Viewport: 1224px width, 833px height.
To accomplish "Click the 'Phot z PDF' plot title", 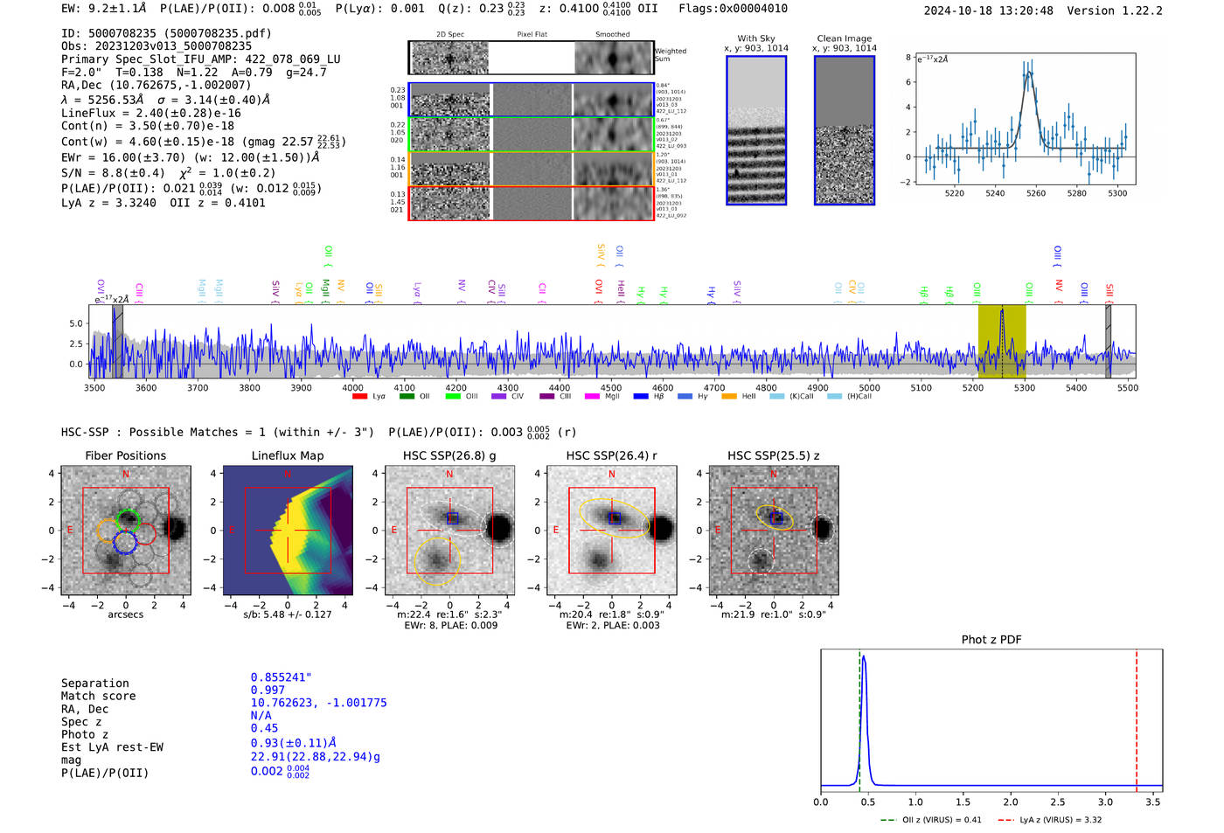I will click(x=991, y=640).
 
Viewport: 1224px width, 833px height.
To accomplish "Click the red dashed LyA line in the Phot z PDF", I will click(x=1137, y=717).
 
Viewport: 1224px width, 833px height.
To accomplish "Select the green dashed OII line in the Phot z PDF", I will click(x=859, y=717).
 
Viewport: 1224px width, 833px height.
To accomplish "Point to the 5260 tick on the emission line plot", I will click(x=1036, y=193).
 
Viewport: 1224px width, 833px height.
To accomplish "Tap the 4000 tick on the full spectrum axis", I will click(x=352, y=388).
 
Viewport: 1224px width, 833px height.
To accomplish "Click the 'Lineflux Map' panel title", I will click(x=288, y=455).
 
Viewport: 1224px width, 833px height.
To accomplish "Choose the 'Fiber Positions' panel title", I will click(x=126, y=455).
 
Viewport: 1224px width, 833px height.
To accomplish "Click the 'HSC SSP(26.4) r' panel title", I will click(x=611, y=455).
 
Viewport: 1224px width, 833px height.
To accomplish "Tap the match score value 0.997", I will click(x=268, y=691).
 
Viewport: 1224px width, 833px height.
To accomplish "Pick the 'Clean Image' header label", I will click(x=844, y=38).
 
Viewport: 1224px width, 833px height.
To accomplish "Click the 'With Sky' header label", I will click(x=756, y=38).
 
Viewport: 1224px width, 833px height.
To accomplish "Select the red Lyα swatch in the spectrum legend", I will click(x=359, y=397).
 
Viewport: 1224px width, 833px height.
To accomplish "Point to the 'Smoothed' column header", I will click(x=612, y=35).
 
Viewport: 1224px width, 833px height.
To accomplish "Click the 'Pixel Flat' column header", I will click(x=532, y=35).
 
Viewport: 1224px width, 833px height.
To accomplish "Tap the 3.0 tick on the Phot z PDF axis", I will click(x=1105, y=802).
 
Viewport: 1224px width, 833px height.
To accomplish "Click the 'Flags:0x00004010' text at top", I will click(x=733, y=9).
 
